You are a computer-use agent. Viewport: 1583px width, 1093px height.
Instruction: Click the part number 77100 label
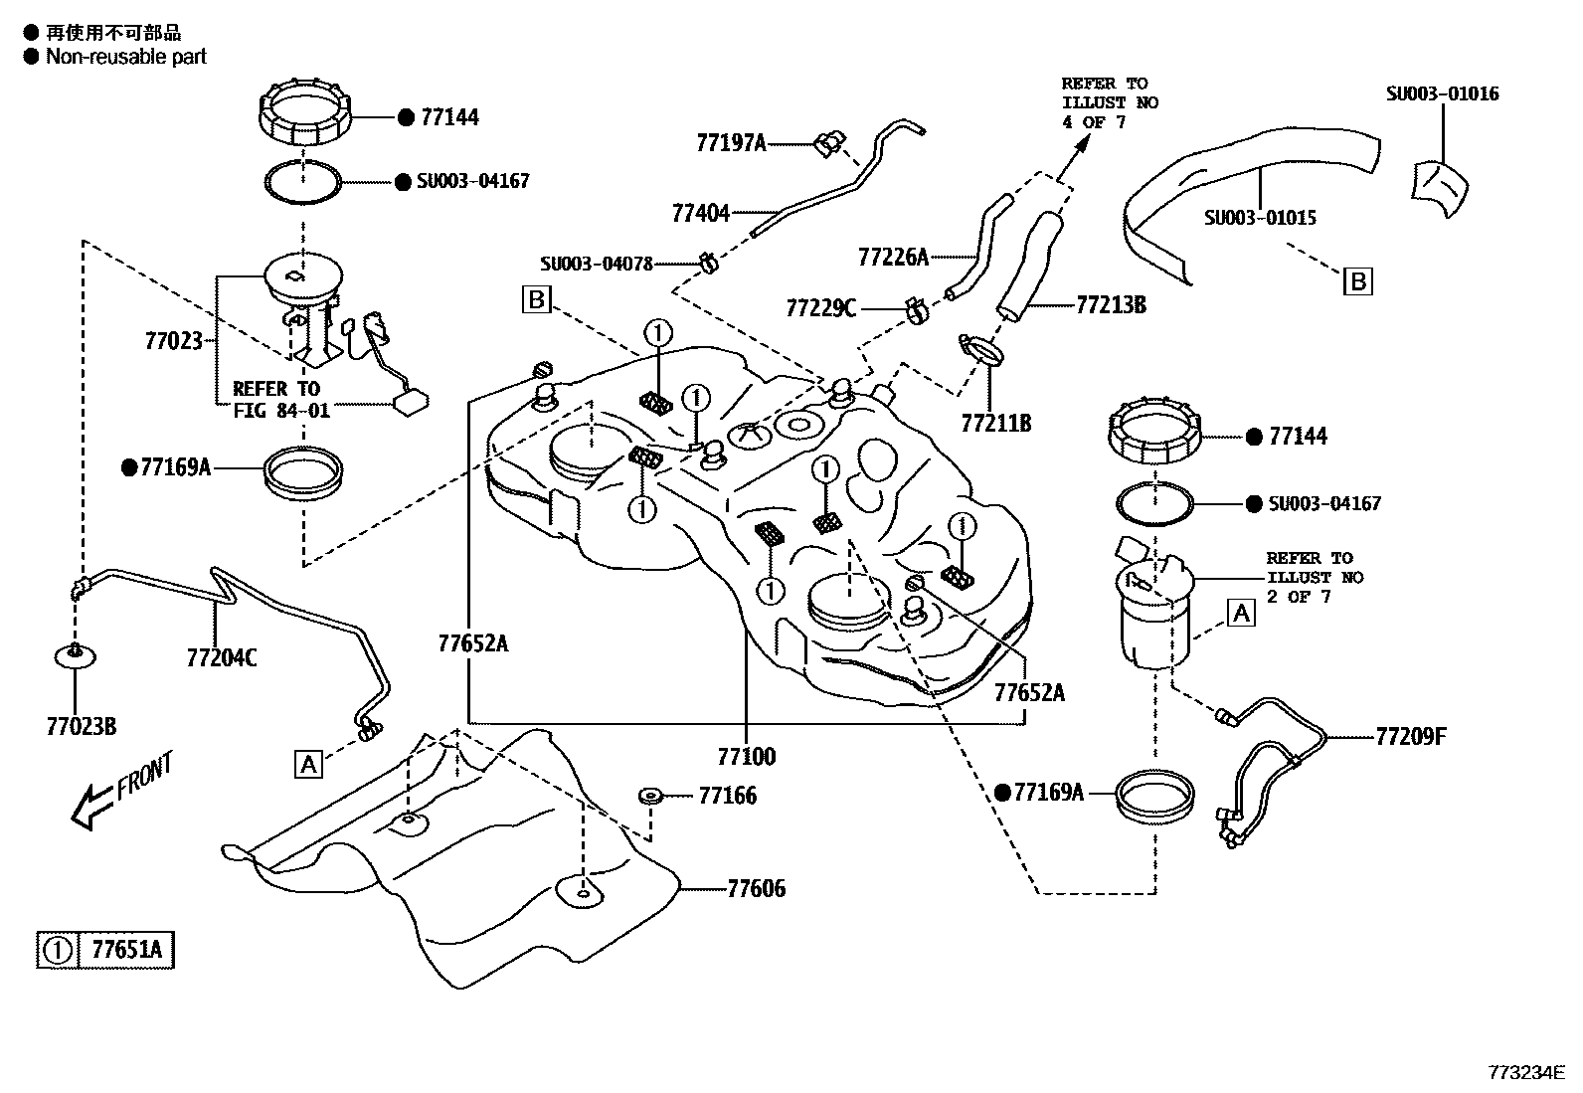pyautogui.click(x=746, y=757)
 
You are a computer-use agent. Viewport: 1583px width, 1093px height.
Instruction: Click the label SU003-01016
pyautogui.click(x=1442, y=94)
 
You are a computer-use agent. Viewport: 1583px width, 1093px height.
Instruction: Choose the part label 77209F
pyautogui.click(x=1411, y=737)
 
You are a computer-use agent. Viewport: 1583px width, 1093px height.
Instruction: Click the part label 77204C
pyautogui.click(x=221, y=657)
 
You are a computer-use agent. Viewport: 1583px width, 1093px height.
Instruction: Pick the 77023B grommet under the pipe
pyautogui.click(x=76, y=655)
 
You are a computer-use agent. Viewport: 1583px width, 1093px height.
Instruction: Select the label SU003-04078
pyautogui.click(x=597, y=264)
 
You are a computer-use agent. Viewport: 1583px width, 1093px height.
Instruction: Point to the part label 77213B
pyautogui.click(x=1110, y=305)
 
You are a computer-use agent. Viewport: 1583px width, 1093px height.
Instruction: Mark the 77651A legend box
pyautogui.click(x=105, y=950)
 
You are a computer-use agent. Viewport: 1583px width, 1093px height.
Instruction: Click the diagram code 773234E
pyautogui.click(x=1526, y=1072)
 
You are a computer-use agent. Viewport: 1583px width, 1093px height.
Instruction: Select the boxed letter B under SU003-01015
pyautogui.click(x=1357, y=281)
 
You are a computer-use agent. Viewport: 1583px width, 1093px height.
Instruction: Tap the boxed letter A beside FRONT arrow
pyautogui.click(x=309, y=764)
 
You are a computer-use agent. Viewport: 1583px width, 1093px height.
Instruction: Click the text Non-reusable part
pyautogui.click(x=125, y=57)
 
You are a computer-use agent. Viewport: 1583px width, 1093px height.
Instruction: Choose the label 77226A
pyautogui.click(x=892, y=258)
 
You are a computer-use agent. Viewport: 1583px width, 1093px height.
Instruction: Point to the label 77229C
pyautogui.click(x=820, y=308)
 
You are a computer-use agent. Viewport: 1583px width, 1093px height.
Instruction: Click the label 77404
pyautogui.click(x=700, y=213)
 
